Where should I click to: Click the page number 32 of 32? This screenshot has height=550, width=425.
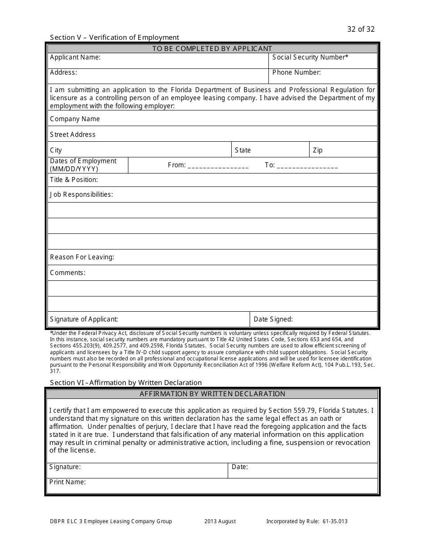[361, 30]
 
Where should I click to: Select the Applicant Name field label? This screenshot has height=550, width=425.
[75, 57]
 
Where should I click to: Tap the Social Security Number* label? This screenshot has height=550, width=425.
[310, 57]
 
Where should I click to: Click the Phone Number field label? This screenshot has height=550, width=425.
[296, 72]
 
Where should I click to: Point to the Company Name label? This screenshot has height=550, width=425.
[75, 119]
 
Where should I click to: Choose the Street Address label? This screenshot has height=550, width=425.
[72, 135]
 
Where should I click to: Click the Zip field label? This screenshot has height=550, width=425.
[318, 150]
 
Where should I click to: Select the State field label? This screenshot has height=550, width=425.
[243, 150]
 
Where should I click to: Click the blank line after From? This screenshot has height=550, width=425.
[218, 165]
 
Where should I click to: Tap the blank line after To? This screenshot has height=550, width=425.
[307, 165]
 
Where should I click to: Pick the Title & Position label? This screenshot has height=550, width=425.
[74, 180]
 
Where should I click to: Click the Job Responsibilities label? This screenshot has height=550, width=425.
[81, 195]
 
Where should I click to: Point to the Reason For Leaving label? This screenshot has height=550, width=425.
[82, 257]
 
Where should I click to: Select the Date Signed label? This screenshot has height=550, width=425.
[273, 319]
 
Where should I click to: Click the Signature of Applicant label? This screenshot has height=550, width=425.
[84, 319]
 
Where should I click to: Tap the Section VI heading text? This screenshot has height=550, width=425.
[126, 383]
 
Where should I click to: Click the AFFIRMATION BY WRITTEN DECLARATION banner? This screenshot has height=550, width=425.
[212, 394]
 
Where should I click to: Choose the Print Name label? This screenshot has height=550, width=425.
[68, 482]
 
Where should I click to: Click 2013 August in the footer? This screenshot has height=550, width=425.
[220, 521]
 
